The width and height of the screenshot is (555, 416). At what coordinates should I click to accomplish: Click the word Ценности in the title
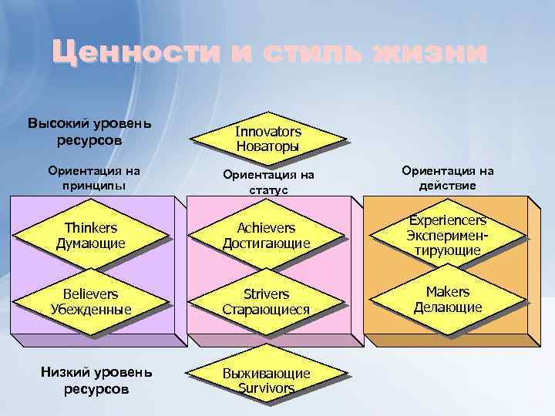tap(132, 54)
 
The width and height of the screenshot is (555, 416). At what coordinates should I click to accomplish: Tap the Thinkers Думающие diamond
tap(91, 235)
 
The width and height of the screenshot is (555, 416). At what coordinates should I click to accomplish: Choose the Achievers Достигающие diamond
tap(266, 235)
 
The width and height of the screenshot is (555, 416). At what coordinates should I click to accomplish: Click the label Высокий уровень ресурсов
tap(89, 132)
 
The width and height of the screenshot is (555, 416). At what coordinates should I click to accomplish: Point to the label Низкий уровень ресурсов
tap(96, 381)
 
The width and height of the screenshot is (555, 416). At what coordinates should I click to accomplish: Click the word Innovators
tap(268, 132)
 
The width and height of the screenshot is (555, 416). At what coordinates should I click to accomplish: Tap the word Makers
tap(447, 291)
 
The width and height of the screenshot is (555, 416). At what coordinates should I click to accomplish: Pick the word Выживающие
tap(266, 374)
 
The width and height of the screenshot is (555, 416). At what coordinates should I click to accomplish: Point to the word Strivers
tap(266, 294)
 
